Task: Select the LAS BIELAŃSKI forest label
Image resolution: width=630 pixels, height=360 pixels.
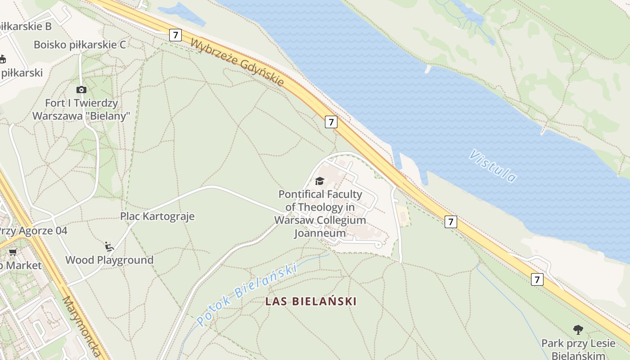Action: tap(311, 301)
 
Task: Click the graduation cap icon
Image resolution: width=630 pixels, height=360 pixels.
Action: tap(319, 181)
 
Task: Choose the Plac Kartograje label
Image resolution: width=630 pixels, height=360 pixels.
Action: tap(157, 216)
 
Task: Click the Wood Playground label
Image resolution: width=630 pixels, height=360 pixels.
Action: tap(109, 260)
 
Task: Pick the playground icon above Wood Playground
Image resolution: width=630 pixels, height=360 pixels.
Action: tap(109, 246)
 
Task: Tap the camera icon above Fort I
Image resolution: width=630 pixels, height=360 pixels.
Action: tap(81, 90)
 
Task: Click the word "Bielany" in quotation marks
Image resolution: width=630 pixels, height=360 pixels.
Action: tap(108, 116)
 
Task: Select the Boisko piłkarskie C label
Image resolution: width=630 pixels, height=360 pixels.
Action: tap(80, 45)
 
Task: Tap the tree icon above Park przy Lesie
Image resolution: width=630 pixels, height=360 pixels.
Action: tap(578, 330)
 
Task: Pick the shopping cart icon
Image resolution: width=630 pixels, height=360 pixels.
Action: tap(13, 252)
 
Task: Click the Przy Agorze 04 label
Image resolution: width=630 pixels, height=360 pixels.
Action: tap(32, 231)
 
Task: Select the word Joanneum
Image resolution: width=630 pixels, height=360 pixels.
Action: tap(320, 233)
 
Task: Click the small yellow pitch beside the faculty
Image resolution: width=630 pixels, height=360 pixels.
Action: tap(403, 216)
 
